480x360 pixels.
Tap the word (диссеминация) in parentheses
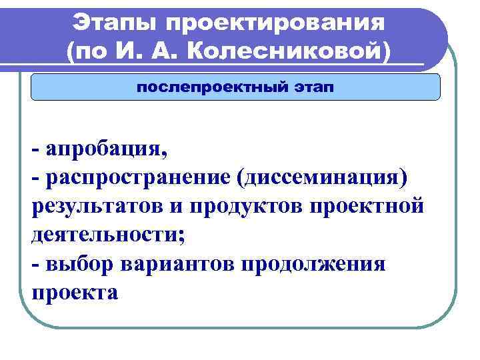(319, 177)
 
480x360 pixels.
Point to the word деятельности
(111, 235)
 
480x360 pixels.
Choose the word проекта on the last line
(74, 292)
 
